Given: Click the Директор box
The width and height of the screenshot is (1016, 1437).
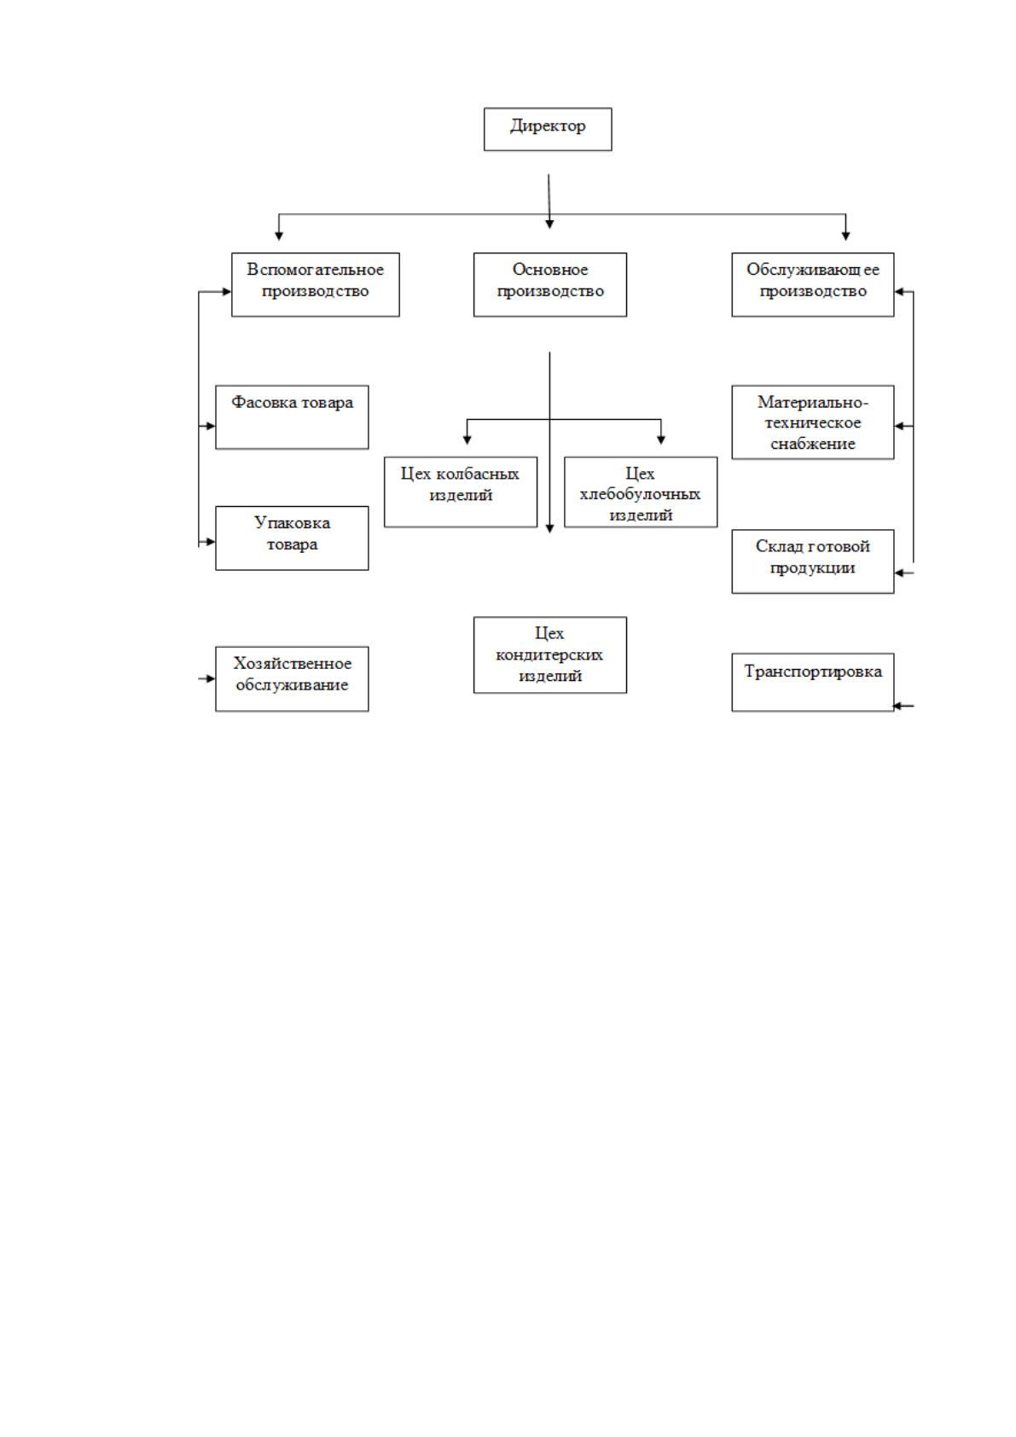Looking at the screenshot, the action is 547,129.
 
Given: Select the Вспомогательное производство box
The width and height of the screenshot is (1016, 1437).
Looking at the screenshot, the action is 315,284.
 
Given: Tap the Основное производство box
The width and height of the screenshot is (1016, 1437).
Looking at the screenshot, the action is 549,284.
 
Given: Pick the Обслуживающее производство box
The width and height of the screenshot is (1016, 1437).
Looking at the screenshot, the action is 813,284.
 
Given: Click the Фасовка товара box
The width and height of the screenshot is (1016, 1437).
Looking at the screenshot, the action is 292,417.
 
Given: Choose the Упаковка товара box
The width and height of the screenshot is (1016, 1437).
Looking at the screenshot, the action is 292,538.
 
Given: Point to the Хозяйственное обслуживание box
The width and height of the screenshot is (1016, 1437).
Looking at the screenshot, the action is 292,678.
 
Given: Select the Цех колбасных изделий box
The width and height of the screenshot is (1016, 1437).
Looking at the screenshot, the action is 461,492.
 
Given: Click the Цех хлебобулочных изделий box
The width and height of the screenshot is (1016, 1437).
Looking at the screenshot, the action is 641,492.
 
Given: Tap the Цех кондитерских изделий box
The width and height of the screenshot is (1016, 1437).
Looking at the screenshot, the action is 549,655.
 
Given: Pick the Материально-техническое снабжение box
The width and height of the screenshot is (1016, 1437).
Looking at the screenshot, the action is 813,422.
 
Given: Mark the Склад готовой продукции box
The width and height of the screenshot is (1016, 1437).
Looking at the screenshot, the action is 813,561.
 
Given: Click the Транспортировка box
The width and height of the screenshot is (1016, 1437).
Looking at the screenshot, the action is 813,682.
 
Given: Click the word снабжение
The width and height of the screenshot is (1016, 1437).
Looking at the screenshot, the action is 813,443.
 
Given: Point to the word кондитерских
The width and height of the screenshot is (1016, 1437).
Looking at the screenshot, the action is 549,655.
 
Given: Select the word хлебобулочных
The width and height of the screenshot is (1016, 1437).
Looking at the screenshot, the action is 640,494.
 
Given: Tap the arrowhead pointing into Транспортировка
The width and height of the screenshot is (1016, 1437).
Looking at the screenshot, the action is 898,706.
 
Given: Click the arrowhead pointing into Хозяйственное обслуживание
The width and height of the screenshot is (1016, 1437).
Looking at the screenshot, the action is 211,678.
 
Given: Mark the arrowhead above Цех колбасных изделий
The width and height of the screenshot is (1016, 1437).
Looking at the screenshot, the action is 467,440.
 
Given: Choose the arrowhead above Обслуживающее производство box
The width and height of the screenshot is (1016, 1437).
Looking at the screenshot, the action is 845,236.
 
